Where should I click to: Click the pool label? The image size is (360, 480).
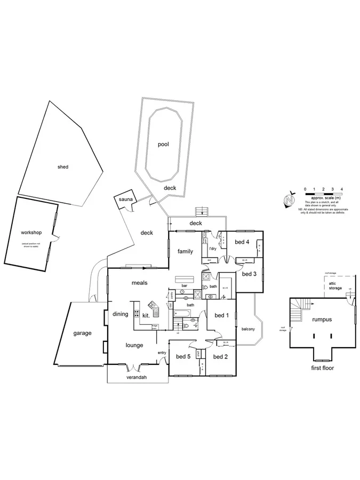(163, 144)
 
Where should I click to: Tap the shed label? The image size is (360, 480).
(63, 167)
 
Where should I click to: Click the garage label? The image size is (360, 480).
(82, 333)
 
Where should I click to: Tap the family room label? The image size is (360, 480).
(185, 251)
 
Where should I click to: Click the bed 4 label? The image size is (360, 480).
(242, 242)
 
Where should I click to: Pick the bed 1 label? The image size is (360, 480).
(221, 315)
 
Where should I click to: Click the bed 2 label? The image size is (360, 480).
(220, 356)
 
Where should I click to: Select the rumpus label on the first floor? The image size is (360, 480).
(322, 319)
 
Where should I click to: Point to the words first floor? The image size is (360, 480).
(322, 367)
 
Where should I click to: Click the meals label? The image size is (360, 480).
(139, 283)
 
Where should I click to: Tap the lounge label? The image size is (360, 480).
(134, 345)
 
